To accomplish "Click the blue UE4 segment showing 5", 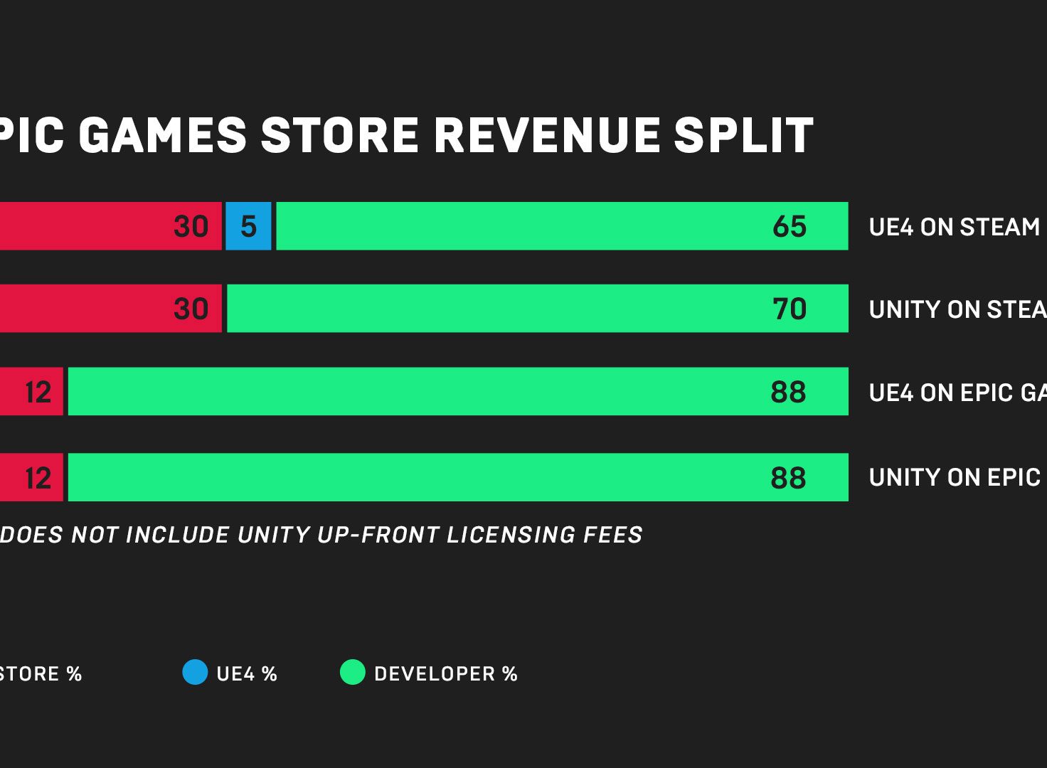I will (x=248, y=226).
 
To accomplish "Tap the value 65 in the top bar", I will (x=790, y=227).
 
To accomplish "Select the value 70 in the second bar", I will (x=790, y=309).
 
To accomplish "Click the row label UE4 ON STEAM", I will (x=954, y=227).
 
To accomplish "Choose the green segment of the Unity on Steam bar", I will (x=498, y=309).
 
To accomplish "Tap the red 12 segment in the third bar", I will (x=31, y=392).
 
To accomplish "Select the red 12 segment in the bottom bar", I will (x=31, y=477).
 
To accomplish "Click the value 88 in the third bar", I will (x=788, y=393).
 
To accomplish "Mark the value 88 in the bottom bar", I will (x=788, y=478).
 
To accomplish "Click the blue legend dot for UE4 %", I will (x=195, y=672).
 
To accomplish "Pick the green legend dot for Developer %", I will (x=352, y=672).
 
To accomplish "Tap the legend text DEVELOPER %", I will (x=446, y=674).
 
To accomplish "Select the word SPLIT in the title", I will (x=743, y=135).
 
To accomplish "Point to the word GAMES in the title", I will (x=162, y=135).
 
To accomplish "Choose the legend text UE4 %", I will (x=247, y=674).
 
